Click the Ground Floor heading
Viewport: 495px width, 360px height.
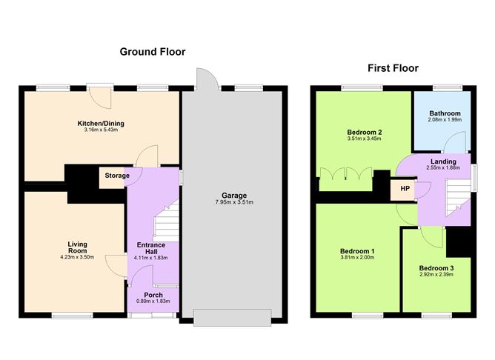pos(153,52)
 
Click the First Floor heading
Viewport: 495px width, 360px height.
pos(393,68)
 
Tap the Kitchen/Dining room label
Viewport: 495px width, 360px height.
pos(100,124)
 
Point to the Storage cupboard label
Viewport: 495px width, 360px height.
pos(116,176)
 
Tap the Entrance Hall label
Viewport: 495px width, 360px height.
pos(152,249)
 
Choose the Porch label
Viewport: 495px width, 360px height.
pos(153,295)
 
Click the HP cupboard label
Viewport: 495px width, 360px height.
pos(405,188)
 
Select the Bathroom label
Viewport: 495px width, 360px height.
pos(445,114)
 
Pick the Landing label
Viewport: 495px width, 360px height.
pos(443,161)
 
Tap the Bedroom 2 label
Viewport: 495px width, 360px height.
pos(363,132)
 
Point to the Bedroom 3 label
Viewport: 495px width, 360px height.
pos(436,268)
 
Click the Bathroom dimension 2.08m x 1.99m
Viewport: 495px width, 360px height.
pos(445,121)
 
